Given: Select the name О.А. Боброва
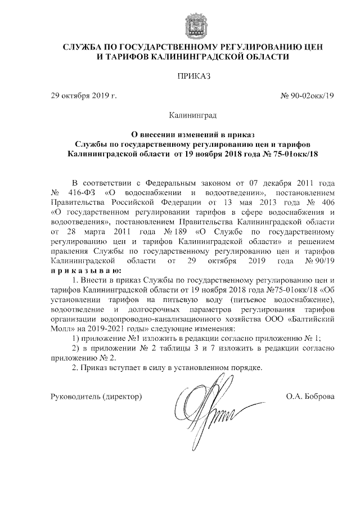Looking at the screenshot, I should pyautogui.click(x=310, y=397).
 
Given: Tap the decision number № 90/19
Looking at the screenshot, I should pyautogui.click(x=319, y=261).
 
